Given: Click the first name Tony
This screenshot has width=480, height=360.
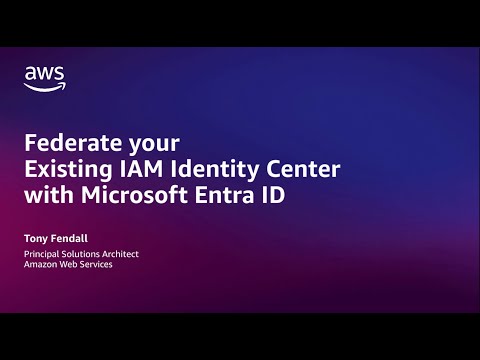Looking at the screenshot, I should point(36,239).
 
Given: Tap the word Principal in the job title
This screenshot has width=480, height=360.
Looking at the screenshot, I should point(43,254).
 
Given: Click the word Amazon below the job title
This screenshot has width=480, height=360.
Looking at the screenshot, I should point(42,265).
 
